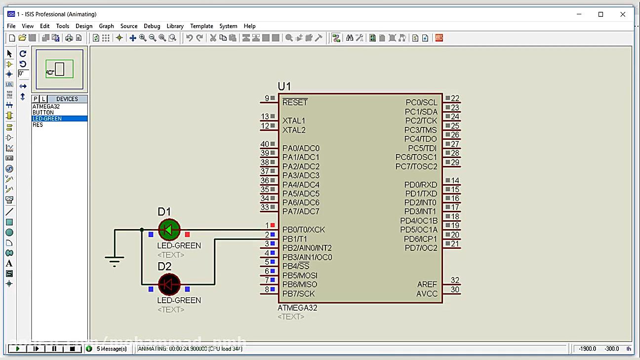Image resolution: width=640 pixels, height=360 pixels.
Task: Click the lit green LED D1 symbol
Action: point(169,230)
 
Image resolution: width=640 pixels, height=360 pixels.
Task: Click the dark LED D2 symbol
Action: point(169,284)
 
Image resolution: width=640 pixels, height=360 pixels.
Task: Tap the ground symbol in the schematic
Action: point(115,260)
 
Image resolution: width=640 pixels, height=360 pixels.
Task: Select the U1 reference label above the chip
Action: point(284,86)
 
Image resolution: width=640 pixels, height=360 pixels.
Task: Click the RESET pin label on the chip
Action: point(295,102)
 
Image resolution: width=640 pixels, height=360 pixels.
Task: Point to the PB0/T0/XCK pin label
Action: point(303,230)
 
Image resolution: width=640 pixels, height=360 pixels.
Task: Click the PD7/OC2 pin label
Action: point(421,248)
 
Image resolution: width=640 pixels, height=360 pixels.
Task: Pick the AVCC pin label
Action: point(427,294)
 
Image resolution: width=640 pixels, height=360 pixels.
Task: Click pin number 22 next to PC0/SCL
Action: point(455,98)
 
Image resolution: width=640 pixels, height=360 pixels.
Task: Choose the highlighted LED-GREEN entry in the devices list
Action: point(47,119)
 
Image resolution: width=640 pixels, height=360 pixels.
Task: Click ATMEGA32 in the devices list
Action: point(46,107)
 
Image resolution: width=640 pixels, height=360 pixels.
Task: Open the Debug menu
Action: point(152,26)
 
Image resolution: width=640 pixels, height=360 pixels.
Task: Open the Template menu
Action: point(201,26)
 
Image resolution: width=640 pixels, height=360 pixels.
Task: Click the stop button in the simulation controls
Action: point(72,349)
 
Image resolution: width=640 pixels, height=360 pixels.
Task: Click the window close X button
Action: point(623,14)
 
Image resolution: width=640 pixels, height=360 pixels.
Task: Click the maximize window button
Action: point(600,14)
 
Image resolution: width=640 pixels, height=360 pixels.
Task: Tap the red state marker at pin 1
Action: point(273,225)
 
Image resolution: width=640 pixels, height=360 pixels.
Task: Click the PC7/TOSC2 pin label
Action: point(416,166)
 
